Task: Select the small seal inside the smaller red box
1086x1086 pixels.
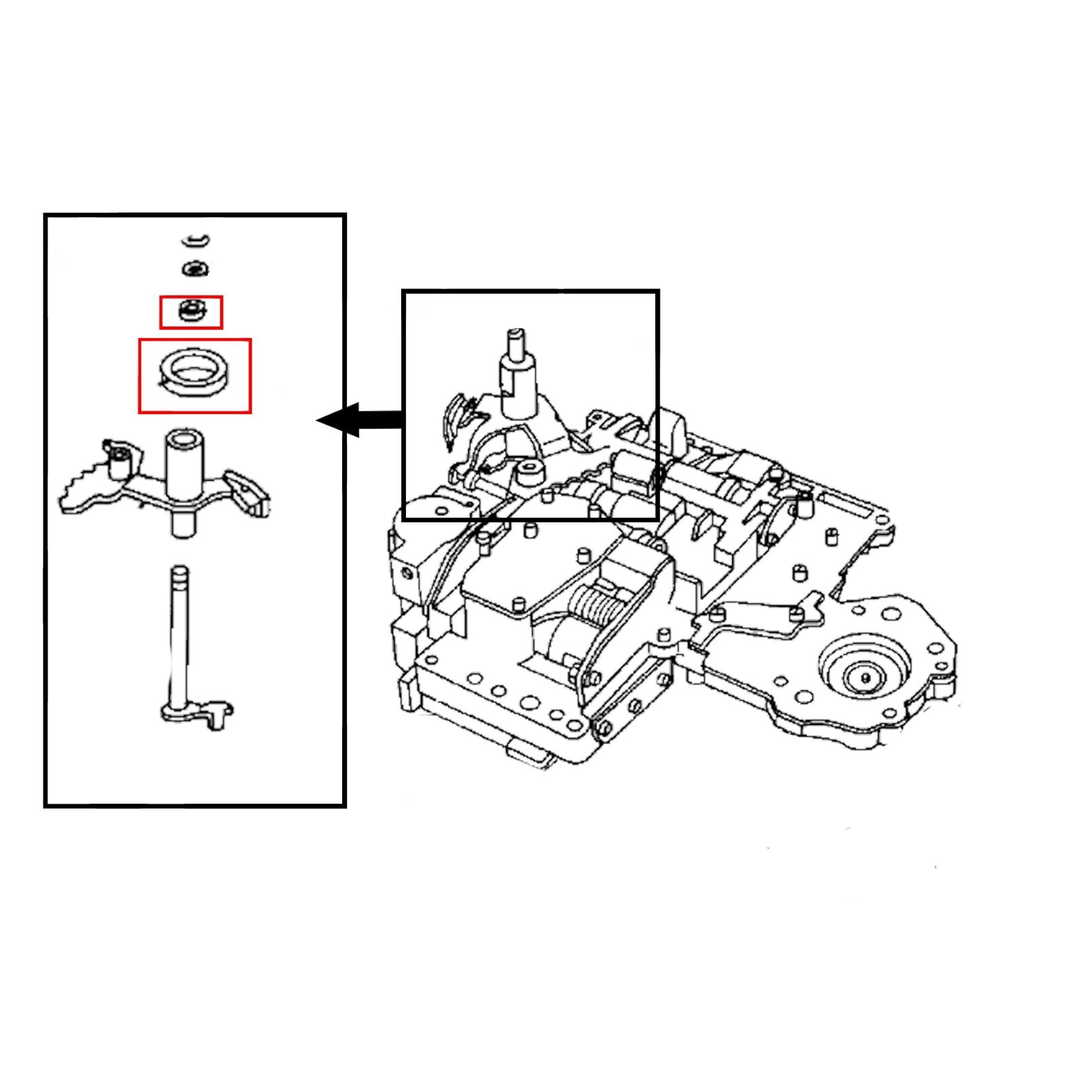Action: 191,312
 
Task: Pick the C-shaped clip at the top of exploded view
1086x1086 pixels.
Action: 196,240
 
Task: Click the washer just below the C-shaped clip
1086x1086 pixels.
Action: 195,269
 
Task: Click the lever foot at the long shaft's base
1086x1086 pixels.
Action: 204,713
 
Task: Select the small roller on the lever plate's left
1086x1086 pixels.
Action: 119,464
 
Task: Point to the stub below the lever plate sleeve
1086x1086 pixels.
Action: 182,524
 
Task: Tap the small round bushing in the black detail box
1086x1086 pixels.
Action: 529,472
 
